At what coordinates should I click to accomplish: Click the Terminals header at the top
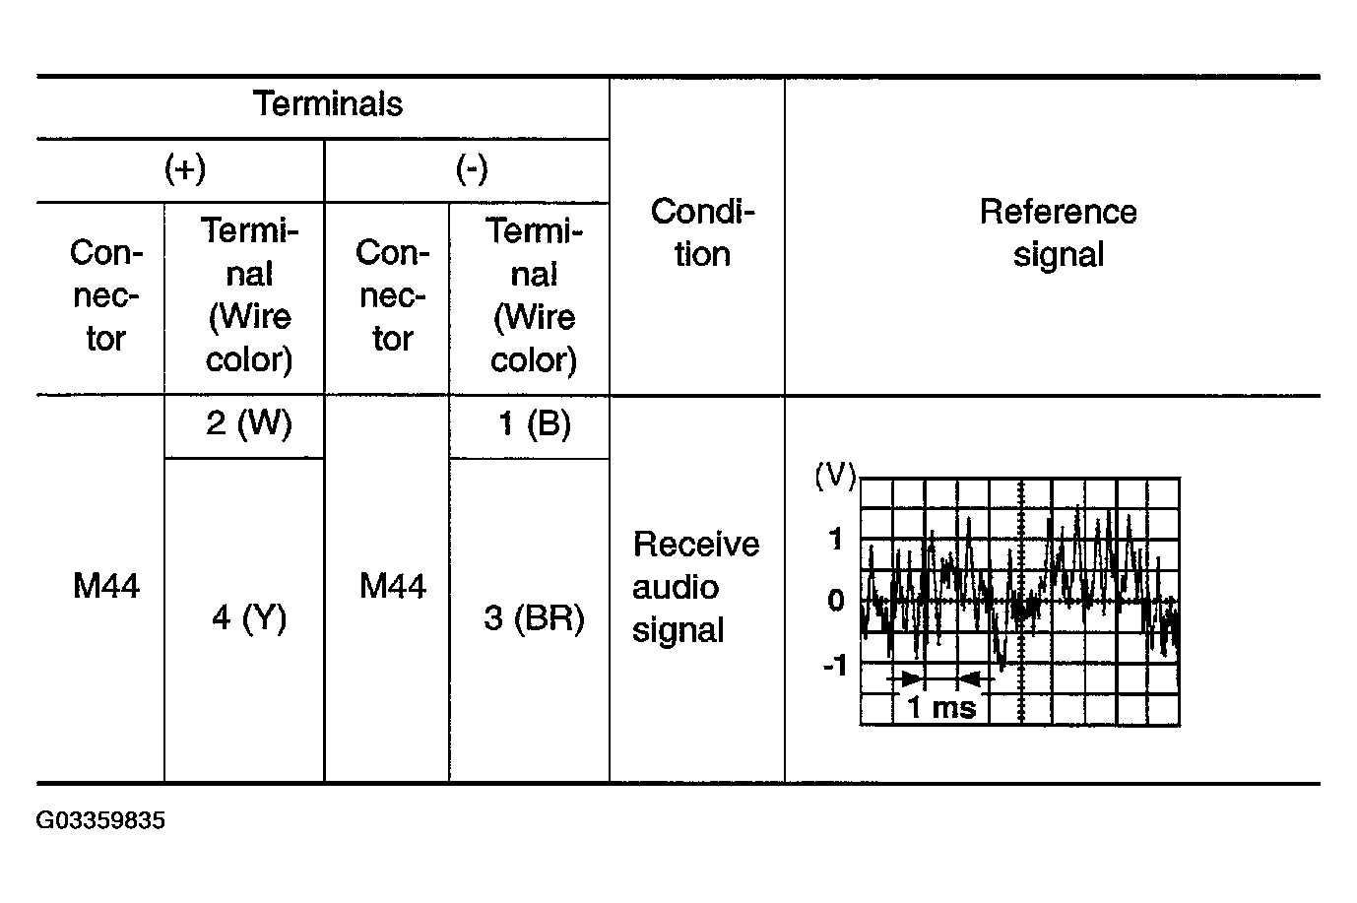pyautogui.click(x=328, y=104)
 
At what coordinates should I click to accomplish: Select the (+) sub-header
pyautogui.click(x=184, y=169)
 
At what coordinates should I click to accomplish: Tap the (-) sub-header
pyautogui.click(x=472, y=169)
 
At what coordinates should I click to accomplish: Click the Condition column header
pyautogui.click(x=702, y=233)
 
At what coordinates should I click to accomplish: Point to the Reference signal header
pyautogui.click(x=1058, y=233)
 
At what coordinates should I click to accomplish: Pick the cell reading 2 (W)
pyautogui.click(x=249, y=424)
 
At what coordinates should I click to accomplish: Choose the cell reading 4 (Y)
pyautogui.click(x=249, y=618)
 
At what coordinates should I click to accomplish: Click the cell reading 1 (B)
pyautogui.click(x=534, y=424)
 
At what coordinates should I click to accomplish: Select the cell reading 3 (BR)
pyautogui.click(x=534, y=618)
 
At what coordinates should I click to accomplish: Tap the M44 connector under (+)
pyautogui.click(x=105, y=587)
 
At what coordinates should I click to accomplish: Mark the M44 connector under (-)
pyautogui.click(x=392, y=587)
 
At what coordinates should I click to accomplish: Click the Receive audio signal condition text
pyautogui.click(x=695, y=587)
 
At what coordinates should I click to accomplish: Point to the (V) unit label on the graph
pyautogui.click(x=835, y=477)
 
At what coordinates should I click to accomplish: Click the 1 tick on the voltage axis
pyautogui.click(x=836, y=540)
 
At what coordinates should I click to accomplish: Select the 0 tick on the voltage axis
pyautogui.click(x=836, y=601)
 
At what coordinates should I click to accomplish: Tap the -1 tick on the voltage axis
pyautogui.click(x=833, y=667)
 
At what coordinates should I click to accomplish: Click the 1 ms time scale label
pyautogui.click(x=940, y=707)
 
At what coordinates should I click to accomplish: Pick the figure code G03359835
pyautogui.click(x=100, y=821)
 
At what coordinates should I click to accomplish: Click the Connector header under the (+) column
pyautogui.click(x=105, y=295)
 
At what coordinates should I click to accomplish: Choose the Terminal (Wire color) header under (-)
pyautogui.click(x=534, y=295)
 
